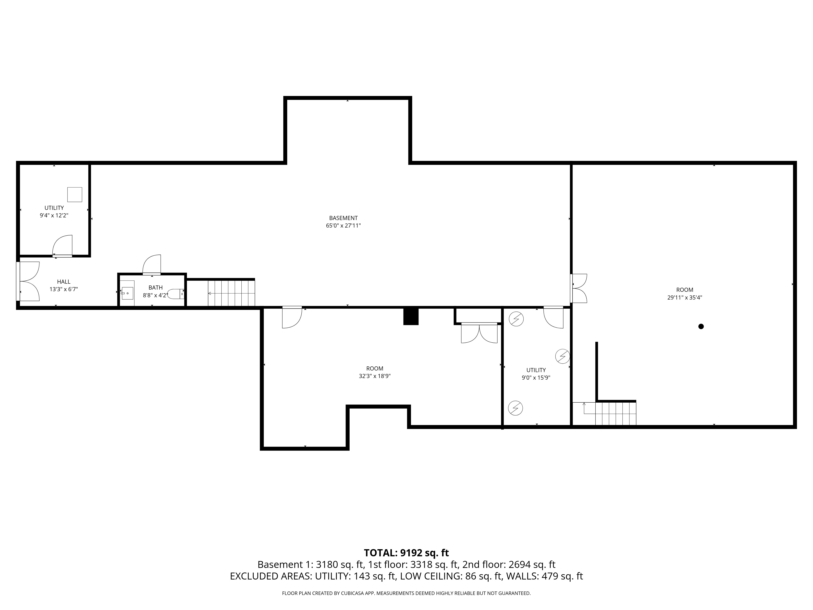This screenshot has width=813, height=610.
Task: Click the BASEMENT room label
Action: coord(343,218)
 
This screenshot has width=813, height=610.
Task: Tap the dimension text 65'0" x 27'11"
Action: coord(343,226)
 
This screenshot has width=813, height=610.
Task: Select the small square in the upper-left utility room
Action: coord(75,195)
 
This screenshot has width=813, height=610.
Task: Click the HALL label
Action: coord(64,282)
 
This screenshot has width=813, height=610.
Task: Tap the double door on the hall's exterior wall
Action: coord(29,281)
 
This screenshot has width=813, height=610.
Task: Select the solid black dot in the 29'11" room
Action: coord(701,326)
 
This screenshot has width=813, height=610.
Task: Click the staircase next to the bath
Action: coord(231,293)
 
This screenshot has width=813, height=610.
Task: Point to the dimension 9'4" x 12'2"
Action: coord(54,216)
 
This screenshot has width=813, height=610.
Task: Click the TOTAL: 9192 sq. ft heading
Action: coord(406,553)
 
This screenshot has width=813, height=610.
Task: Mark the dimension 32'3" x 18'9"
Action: coord(375,376)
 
